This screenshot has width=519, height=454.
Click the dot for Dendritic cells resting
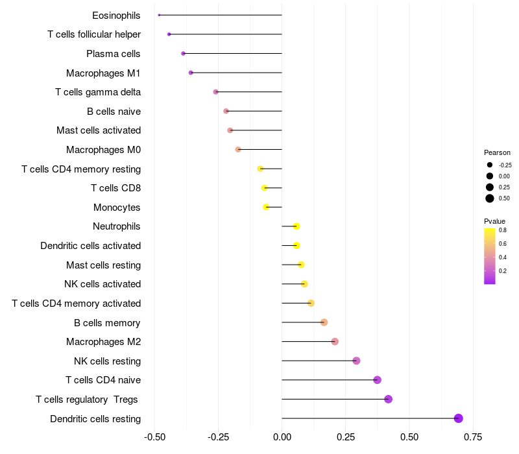tap(459, 418)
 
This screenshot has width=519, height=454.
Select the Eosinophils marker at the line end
tap(159, 15)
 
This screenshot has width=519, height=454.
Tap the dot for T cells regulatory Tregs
tap(389, 399)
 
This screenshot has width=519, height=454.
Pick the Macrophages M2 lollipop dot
tap(335, 342)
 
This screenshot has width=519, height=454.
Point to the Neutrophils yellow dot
tap(296, 226)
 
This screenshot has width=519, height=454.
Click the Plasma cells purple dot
tap(183, 53)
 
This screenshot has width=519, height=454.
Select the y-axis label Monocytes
tap(117, 208)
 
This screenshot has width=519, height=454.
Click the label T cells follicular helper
tap(94, 34)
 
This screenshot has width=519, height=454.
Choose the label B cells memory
tap(107, 322)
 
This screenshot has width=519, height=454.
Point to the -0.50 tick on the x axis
tap(154, 437)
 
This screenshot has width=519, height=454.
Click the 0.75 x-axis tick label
tap(473, 437)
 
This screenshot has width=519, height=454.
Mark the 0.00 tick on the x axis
tap(282, 437)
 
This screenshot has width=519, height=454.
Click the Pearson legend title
tap(497, 152)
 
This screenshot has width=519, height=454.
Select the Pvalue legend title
tap(495, 221)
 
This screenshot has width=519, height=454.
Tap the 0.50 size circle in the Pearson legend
tap(490, 198)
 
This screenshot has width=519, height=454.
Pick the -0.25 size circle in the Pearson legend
tap(490, 165)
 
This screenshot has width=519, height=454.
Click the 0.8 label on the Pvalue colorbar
tap(503, 230)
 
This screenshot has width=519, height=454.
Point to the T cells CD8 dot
tap(264, 188)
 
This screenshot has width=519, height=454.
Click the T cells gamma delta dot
tap(216, 92)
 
